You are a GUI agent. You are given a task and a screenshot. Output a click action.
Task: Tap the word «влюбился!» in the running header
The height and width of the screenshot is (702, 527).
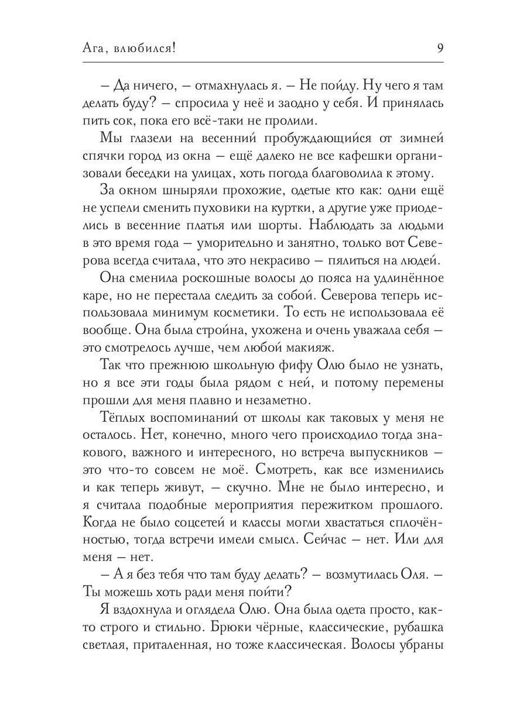145,49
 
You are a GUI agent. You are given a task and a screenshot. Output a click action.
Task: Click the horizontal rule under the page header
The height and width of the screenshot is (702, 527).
263,62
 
